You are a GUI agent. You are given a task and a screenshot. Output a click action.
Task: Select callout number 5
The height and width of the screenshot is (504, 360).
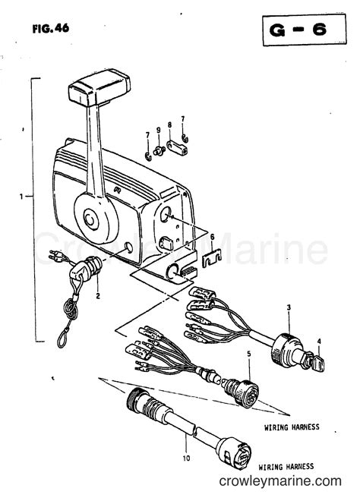click(x=248, y=353)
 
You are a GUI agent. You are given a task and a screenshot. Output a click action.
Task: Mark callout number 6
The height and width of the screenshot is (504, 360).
click(x=212, y=236)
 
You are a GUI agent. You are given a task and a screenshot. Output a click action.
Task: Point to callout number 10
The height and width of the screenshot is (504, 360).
click(x=187, y=458)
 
